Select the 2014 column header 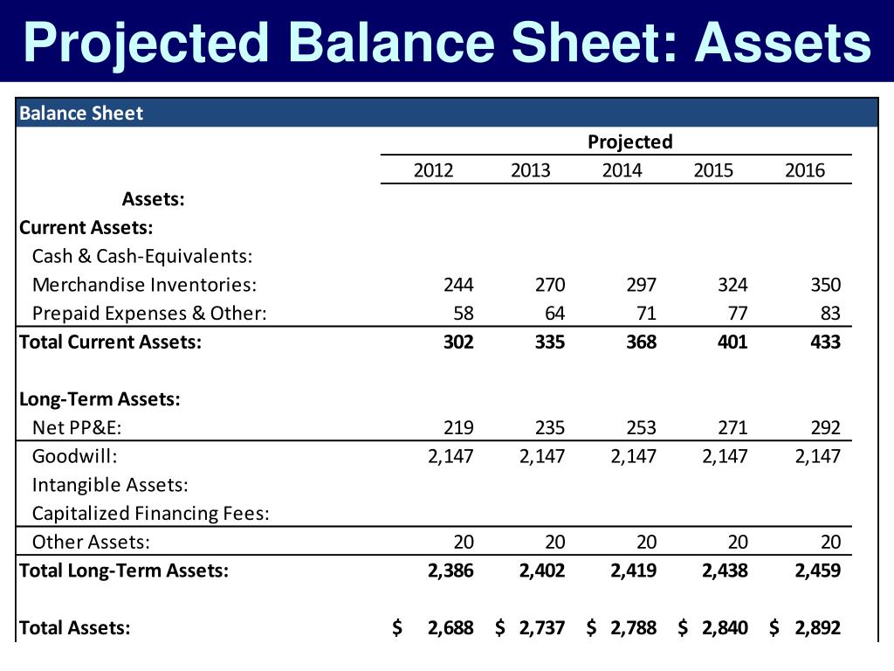pyautogui.click(x=622, y=170)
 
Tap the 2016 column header pyautogui.click(x=804, y=170)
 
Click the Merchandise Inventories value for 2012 pyautogui.click(x=458, y=285)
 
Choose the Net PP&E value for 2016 pyautogui.click(x=824, y=427)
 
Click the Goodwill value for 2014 pyautogui.click(x=633, y=455)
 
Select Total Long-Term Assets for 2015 pyautogui.click(x=725, y=571)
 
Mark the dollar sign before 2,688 pyautogui.click(x=397, y=626)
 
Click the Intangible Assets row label pyautogui.click(x=110, y=484)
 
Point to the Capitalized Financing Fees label pyautogui.click(x=150, y=513)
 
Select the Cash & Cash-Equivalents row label pyautogui.click(x=141, y=256)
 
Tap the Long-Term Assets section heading pyautogui.click(x=100, y=399)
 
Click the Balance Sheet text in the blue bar pyautogui.click(x=80, y=113)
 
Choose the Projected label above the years pyautogui.click(x=630, y=142)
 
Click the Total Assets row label pyautogui.click(x=74, y=626)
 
